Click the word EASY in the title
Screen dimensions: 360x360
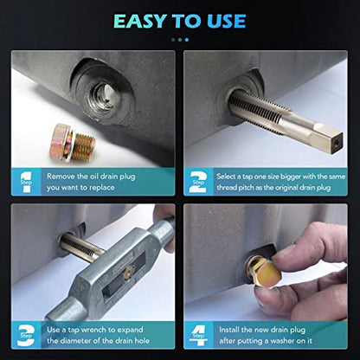click(x=140, y=22)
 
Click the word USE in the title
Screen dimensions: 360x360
click(x=227, y=22)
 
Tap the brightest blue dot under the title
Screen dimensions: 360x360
click(x=187, y=40)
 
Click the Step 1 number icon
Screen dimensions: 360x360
click(x=26, y=183)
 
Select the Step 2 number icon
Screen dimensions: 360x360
click(x=198, y=183)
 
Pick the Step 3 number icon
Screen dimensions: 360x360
click(x=26, y=336)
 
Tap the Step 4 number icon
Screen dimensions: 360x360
click(x=198, y=336)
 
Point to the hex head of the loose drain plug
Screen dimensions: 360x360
click(x=59, y=141)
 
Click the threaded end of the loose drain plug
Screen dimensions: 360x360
click(x=84, y=147)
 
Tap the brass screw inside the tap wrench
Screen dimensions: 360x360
click(x=128, y=272)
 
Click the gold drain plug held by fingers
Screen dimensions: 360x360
click(x=264, y=271)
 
